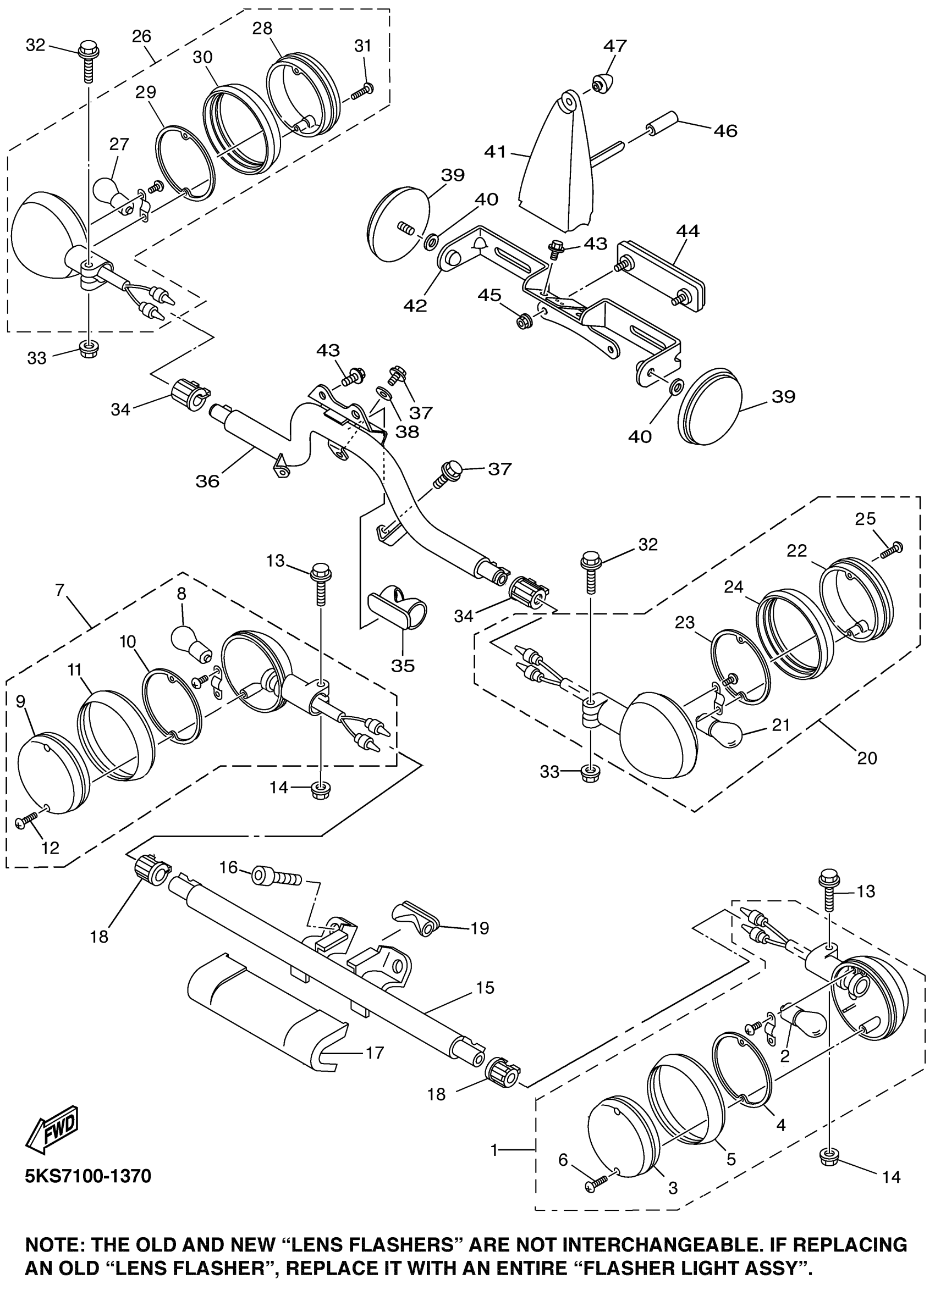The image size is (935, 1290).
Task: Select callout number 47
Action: coord(615,46)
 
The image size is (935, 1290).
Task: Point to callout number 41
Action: coord(495,152)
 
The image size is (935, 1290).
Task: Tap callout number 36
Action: coord(208,481)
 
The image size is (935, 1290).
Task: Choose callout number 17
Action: coord(375,1052)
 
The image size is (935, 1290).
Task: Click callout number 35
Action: coord(403,666)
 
